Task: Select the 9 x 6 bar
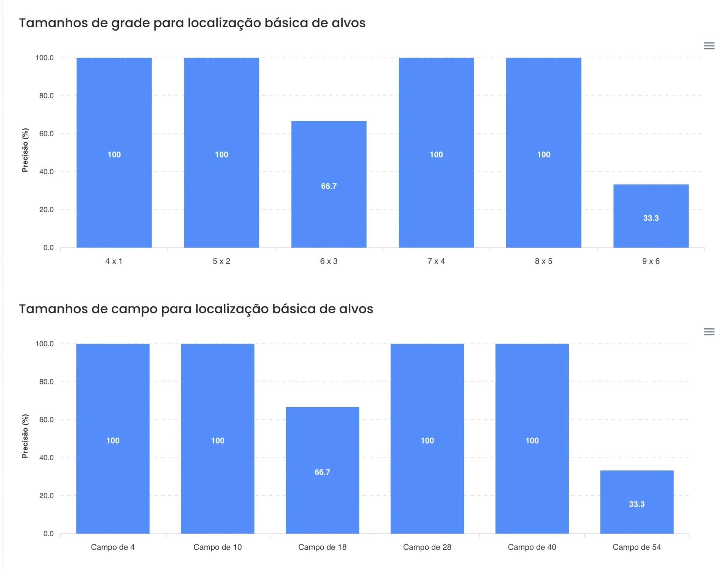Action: coord(651,216)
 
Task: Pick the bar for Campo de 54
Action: coord(637,502)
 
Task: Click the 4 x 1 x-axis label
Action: coord(114,261)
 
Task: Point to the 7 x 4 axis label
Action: coord(436,261)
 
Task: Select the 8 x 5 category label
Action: coord(543,261)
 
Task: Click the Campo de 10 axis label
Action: coord(217,547)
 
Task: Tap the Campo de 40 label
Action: coord(532,547)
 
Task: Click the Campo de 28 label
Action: coord(427,547)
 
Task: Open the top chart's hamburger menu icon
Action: coord(709,46)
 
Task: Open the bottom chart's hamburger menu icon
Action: coord(709,332)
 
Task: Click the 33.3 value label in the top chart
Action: coord(651,218)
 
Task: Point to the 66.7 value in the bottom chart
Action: coord(322,472)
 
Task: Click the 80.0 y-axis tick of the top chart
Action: coord(47,96)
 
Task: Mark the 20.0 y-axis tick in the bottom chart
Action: coord(47,496)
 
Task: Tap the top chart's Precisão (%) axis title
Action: coord(25,150)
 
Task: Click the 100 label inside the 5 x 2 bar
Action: coord(222,155)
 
